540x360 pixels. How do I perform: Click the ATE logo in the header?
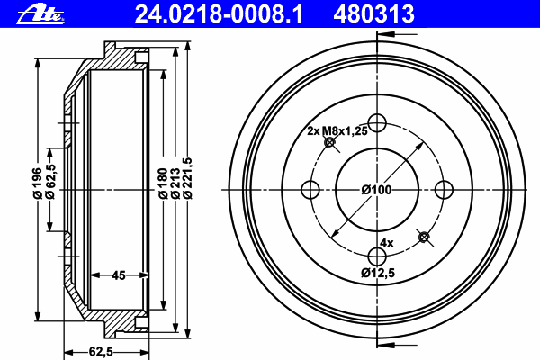pyautogui.click(x=40, y=14)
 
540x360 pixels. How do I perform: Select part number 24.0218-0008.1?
pyautogui.click(x=219, y=14)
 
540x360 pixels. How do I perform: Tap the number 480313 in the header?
pyautogui.click(x=373, y=14)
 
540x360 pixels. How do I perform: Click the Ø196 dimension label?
pyautogui.click(x=38, y=183)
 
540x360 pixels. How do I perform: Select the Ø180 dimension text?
pyautogui.click(x=163, y=184)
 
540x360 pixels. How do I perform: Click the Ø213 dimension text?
pyautogui.click(x=175, y=184)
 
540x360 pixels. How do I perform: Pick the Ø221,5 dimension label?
pyautogui.click(x=188, y=178)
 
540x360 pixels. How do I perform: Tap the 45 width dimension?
pyautogui.click(x=119, y=275)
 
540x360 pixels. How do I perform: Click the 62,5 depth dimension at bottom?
pyautogui.click(x=101, y=352)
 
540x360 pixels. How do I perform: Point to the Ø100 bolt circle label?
pyautogui.click(x=377, y=190)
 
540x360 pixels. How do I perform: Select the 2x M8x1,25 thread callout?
pyautogui.click(x=337, y=130)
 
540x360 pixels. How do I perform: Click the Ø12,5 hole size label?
pyautogui.click(x=378, y=273)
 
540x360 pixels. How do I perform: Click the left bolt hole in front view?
pyautogui.click(x=310, y=190)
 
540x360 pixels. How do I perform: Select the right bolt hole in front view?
pyautogui.click(x=445, y=190)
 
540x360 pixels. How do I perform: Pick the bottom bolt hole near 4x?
pyautogui.click(x=377, y=256)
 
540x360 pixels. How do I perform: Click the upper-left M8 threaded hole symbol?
pyautogui.click(x=330, y=142)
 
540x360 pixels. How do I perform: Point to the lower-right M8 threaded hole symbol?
pyautogui.click(x=424, y=238)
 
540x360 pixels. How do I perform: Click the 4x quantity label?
pyautogui.click(x=387, y=243)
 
